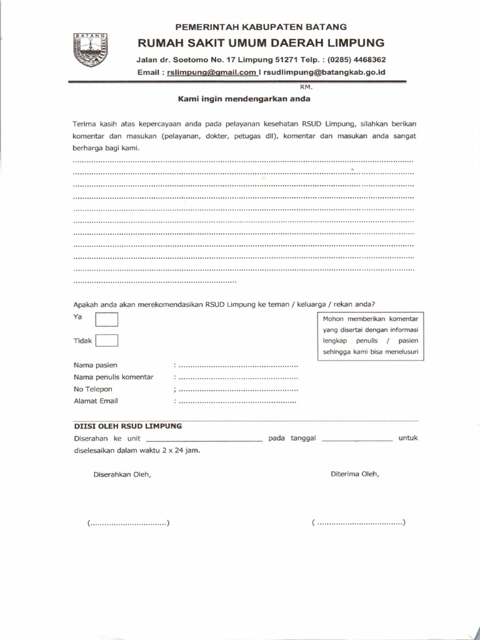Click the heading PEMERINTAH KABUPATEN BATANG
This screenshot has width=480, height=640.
(261, 27)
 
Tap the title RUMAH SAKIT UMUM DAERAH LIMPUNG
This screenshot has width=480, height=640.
(261, 43)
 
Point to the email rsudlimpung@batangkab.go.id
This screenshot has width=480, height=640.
(324, 72)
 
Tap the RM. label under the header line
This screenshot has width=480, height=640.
(306, 87)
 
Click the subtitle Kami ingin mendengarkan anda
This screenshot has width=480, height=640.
(244, 99)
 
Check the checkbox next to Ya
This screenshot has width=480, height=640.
(107, 320)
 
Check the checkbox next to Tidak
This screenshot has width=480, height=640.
(107, 341)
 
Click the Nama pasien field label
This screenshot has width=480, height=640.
(96, 365)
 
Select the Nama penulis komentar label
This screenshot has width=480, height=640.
(114, 377)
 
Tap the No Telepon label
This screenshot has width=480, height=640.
(93, 389)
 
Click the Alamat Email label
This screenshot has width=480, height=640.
(96, 401)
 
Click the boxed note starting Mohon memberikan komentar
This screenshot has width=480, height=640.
(371, 336)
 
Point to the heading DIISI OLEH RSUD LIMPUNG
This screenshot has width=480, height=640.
(128, 426)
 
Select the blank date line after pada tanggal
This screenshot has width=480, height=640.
(358, 440)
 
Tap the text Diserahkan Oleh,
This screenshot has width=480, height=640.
(122, 474)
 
